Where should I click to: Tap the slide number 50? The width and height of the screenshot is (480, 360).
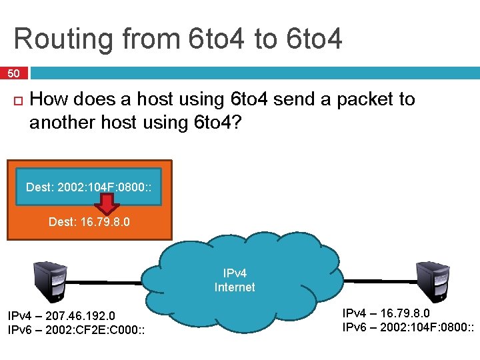pos(14,73)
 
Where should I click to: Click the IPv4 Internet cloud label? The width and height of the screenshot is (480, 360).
pos(234,280)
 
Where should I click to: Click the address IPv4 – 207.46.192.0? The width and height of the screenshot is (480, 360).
pos(61,315)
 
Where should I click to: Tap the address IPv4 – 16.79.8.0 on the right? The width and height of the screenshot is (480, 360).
pos(386,313)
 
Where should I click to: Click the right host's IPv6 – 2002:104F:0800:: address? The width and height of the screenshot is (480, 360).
pos(409,327)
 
